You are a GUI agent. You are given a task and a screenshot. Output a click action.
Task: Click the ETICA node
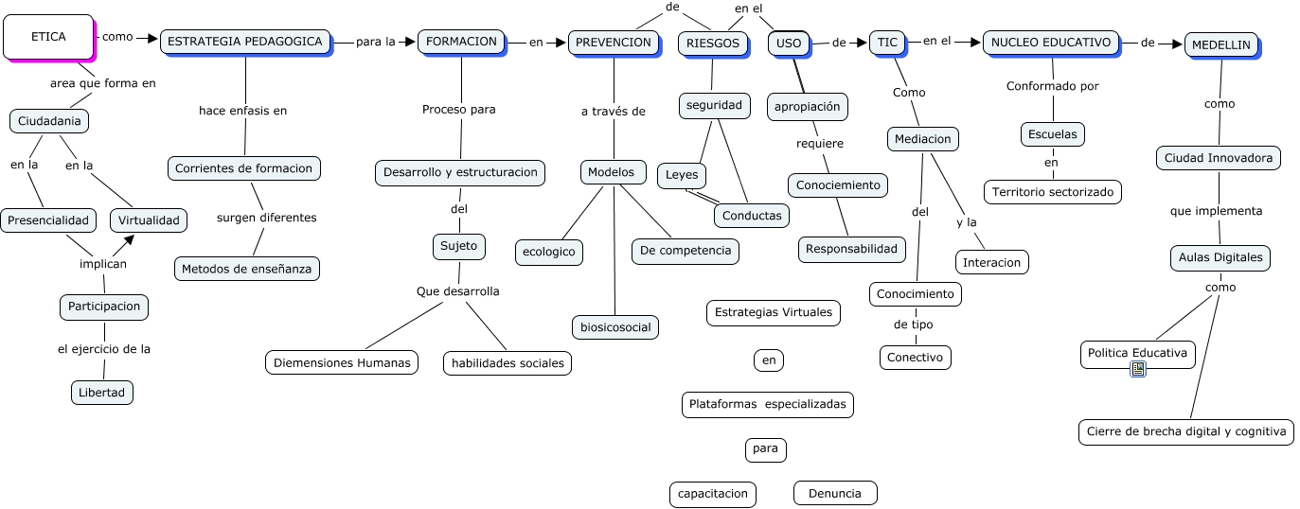click(48, 37)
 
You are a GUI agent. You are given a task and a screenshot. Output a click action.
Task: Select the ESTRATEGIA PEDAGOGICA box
click(245, 42)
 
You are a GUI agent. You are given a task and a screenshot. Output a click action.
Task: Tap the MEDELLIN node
click(1220, 44)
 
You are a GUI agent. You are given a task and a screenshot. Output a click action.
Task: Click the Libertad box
click(102, 392)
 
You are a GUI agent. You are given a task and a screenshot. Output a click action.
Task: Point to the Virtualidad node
click(149, 220)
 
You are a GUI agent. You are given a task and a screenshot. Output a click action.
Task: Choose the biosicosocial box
click(615, 327)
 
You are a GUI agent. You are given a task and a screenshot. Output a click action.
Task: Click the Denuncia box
click(835, 493)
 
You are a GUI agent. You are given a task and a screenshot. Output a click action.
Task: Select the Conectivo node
click(916, 357)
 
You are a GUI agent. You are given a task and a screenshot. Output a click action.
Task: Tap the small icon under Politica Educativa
click(1138, 369)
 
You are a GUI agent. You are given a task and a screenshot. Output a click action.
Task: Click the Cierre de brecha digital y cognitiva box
click(1185, 431)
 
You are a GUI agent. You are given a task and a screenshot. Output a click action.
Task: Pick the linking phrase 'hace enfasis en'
click(243, 111)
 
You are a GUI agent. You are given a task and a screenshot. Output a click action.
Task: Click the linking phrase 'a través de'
click(614, 112)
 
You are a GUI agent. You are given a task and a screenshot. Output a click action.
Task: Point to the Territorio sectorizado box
click(1053, 192)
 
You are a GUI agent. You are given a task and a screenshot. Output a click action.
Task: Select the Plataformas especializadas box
click(767, 405)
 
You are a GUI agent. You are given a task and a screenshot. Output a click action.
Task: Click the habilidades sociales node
click(508, 362)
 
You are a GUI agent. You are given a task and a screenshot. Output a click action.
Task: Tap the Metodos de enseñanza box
click(247, 269)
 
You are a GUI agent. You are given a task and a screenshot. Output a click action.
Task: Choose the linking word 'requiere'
click(820, 144)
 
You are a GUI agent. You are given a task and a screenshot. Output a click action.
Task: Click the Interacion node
click(992, 262)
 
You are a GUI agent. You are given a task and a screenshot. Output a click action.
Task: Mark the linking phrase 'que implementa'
click(1217, 211)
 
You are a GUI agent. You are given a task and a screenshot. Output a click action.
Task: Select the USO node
click(787, 43)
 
